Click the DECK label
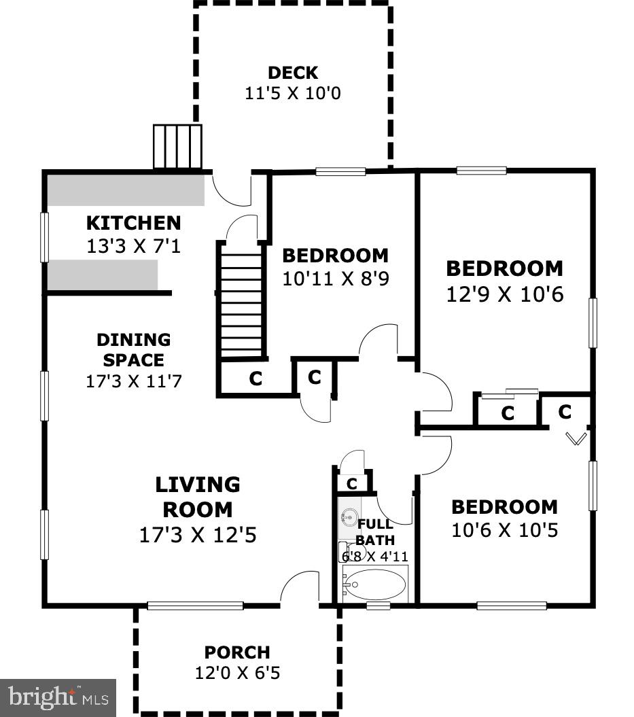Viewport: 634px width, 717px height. [x=292, y=73]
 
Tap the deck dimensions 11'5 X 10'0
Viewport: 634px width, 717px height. [x=292, y=93]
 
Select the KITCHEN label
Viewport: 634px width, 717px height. [x=133, y=223]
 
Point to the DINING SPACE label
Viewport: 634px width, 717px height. [x=133, y=349]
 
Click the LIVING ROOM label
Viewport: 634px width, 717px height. [x=197, y=497]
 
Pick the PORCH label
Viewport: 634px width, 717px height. [x=237, y=652]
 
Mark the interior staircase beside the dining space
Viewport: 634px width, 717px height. [x=241, y=299]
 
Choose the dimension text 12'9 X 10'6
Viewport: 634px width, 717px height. [x=504, y=296]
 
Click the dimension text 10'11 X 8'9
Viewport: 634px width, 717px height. [x=335, y=279]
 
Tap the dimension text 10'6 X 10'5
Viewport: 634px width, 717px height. [x=504, y=530]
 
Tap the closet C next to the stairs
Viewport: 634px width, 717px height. [x=256, y=379]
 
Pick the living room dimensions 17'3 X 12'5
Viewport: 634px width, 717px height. [x=197, y=535]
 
